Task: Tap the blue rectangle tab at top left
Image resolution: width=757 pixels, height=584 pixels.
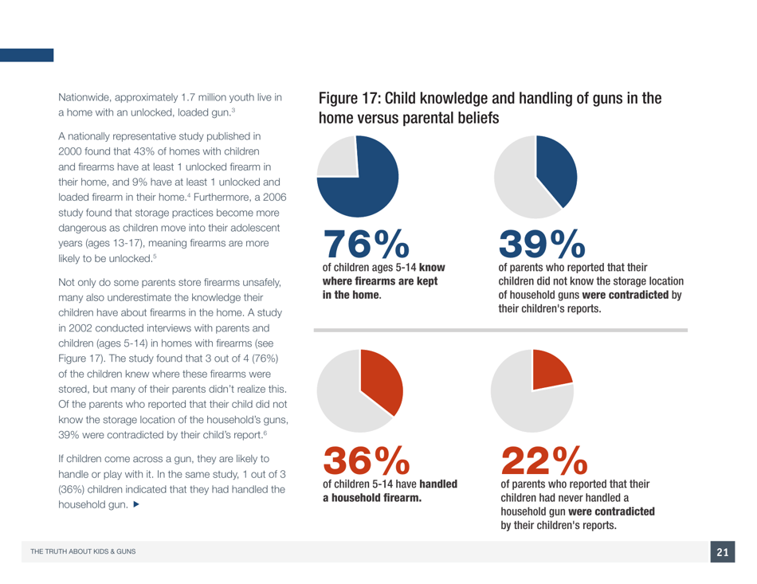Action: click(26, 55)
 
